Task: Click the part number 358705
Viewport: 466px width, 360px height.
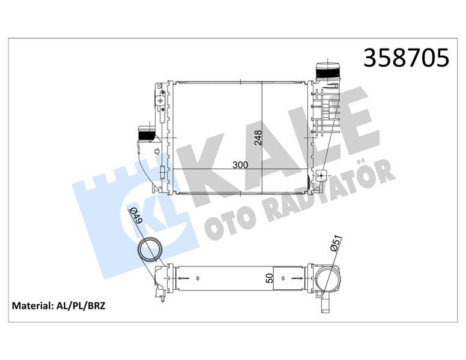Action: coord(407,58)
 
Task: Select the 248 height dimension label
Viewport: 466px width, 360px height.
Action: coord(257,137)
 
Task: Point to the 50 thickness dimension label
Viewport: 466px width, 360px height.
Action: coord(270,278)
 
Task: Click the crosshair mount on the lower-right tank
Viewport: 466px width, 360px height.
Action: coord(321,176)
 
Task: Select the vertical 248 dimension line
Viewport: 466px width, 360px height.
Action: coord(263,137)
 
